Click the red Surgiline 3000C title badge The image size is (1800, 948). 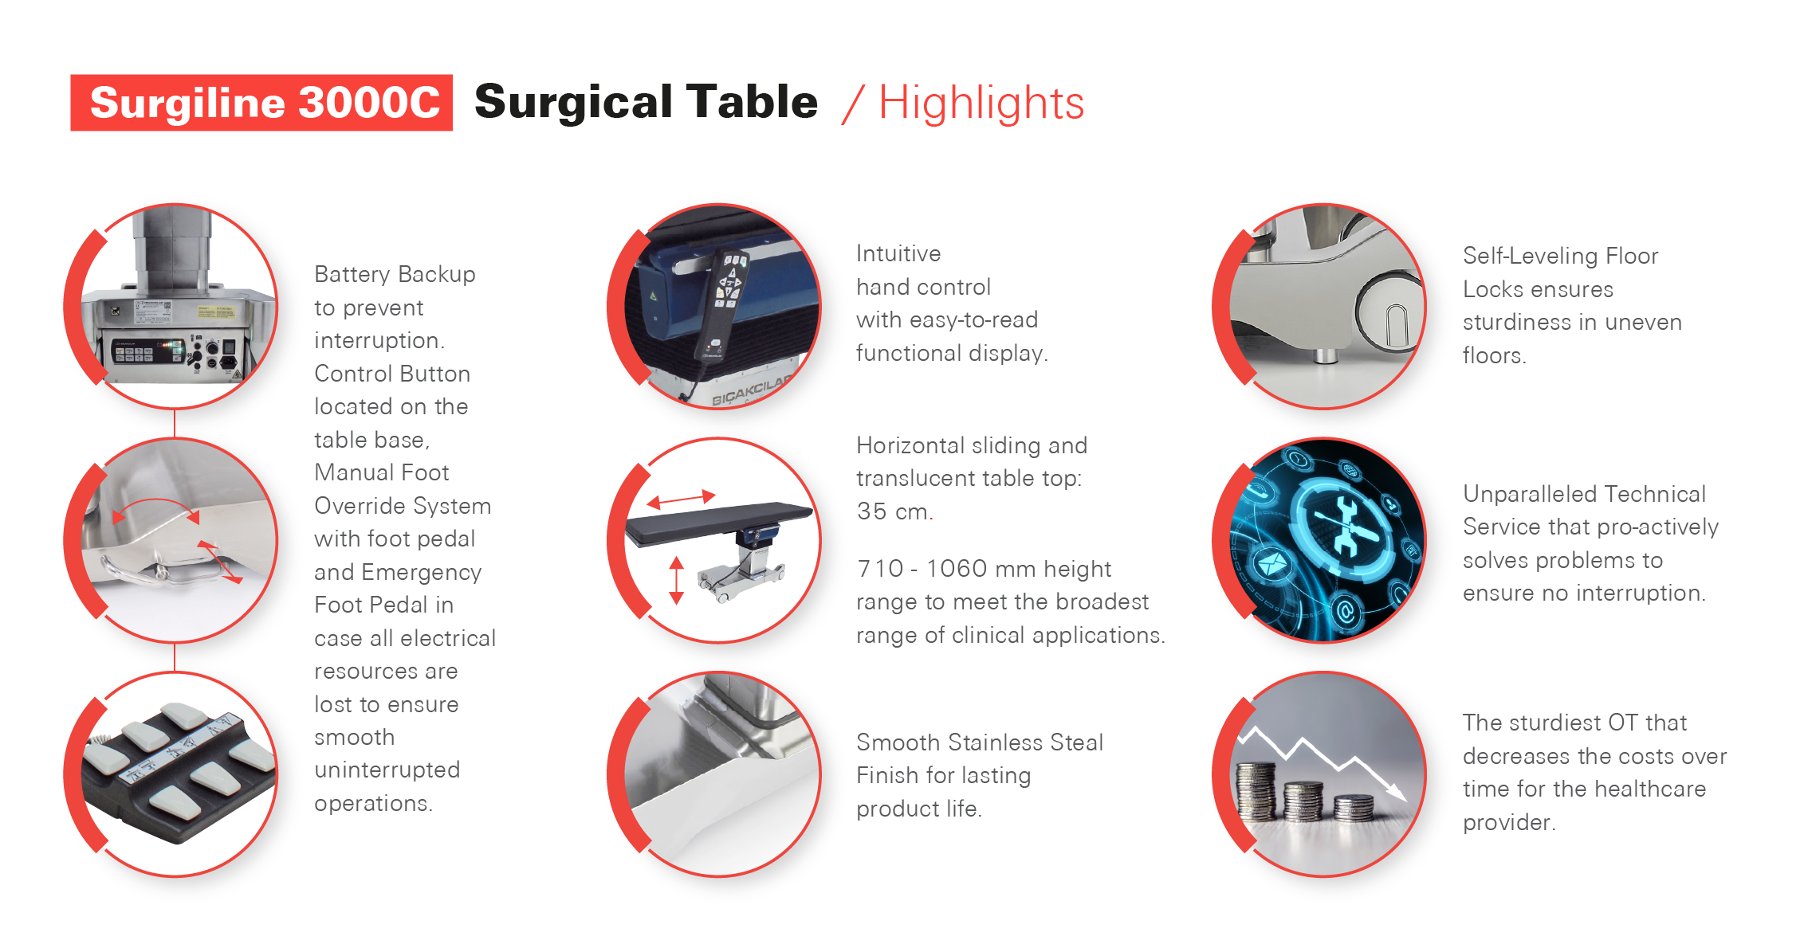click(261, 103)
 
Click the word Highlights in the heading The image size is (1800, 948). click(981, 103)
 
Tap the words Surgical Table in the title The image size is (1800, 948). click(646, 102)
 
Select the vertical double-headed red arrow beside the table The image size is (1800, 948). click(677, 580)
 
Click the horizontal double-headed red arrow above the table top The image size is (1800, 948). click(682, 499)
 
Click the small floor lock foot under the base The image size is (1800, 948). click(1325, 355)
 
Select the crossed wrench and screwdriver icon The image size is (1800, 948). click(1346, 526)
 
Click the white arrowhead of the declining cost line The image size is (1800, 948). click(1397, 790)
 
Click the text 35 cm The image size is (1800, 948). click(894, 511)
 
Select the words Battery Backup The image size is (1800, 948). click(395, 274)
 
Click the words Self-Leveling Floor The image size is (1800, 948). click(1560, 256)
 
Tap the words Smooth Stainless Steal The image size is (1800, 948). click(980, 742)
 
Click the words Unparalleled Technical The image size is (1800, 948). click(1584, 494)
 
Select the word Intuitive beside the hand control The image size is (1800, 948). click(898, 253)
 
